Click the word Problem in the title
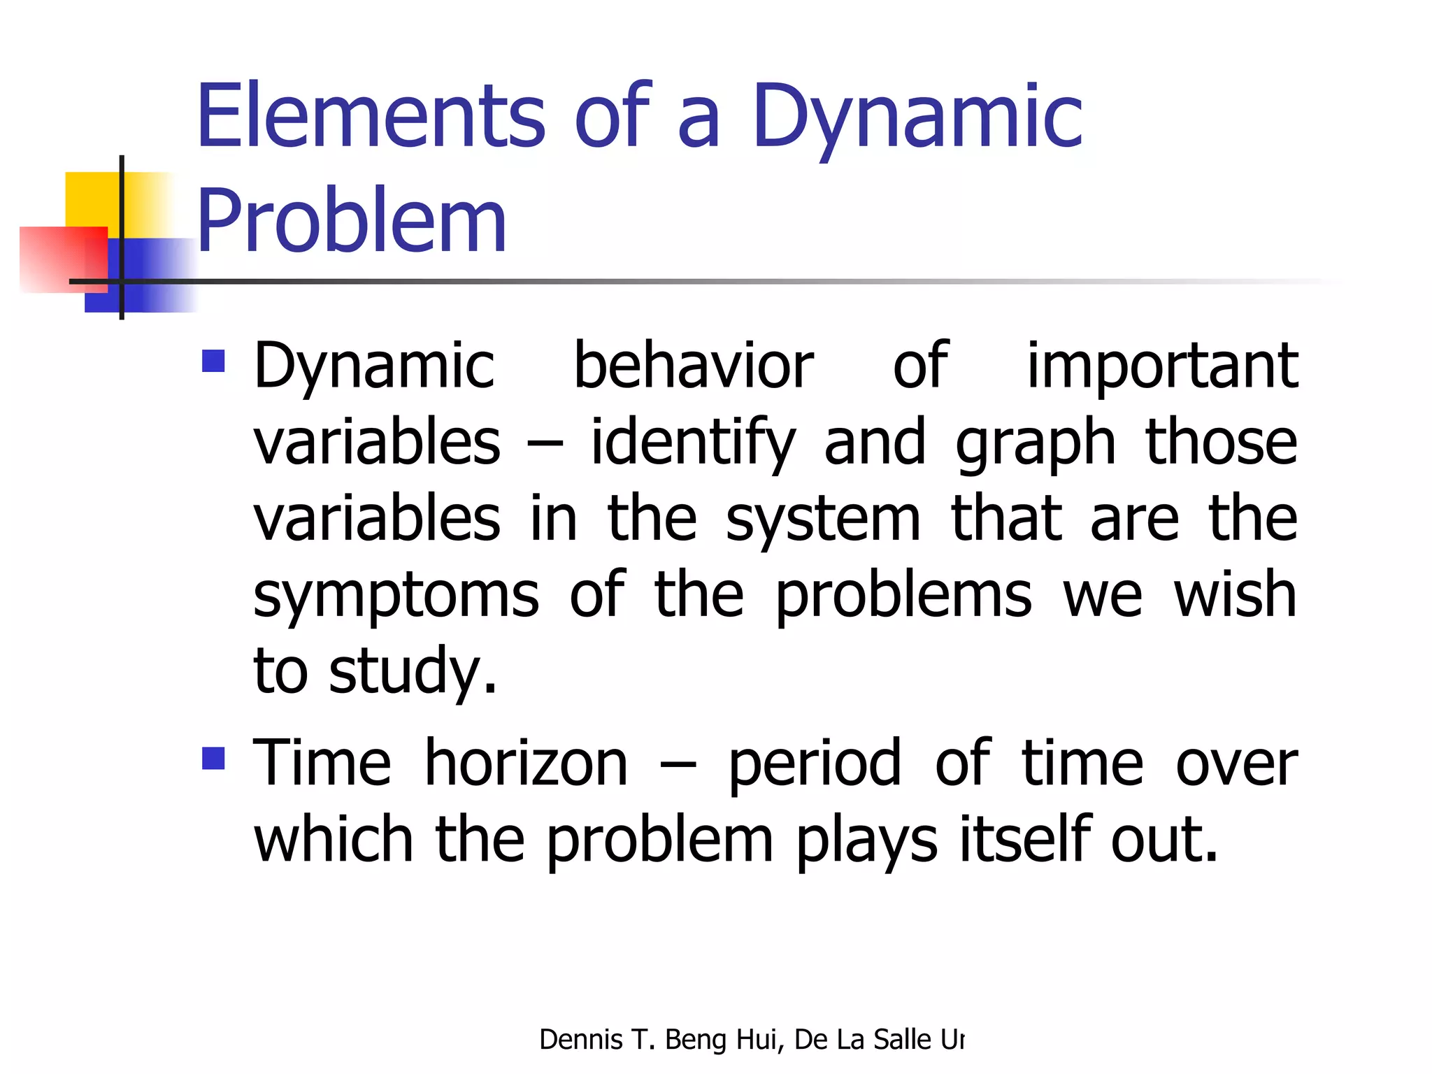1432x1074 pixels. coord(351,222)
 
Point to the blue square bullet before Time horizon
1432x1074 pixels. coord(213,759)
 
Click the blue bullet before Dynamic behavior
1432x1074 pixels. coord(213,361)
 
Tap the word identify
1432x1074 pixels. coord(693,443)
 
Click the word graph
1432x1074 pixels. coord(1036,444)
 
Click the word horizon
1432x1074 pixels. coord(526,763)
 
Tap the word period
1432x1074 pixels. coord(815,764)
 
